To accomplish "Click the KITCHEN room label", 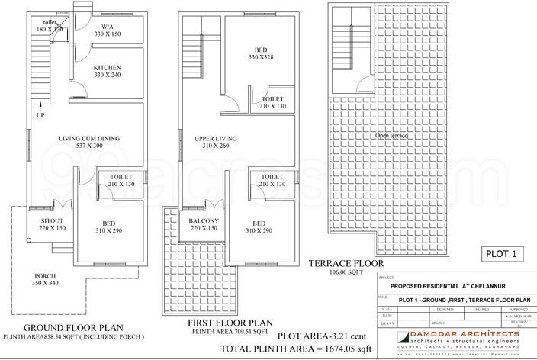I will point(108,67).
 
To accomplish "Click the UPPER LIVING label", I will point(216,138).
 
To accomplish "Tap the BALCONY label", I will point(204,220).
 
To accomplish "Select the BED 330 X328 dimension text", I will point(261,56).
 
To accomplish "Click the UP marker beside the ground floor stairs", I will point(39,115).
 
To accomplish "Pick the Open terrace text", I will point(391,135).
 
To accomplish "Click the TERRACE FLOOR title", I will point(346,264).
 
